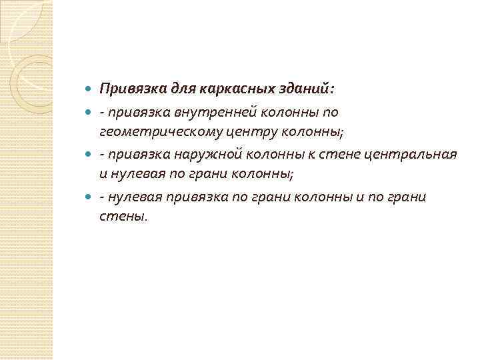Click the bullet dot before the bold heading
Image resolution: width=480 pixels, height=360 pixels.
(89, 89)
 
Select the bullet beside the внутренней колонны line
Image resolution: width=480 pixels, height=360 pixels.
(89, 112)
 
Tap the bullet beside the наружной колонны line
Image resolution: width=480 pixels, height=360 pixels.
(89, 155)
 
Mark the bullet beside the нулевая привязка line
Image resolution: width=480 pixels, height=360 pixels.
(89, 197)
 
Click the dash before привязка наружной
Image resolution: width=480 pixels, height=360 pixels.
(102, 155)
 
